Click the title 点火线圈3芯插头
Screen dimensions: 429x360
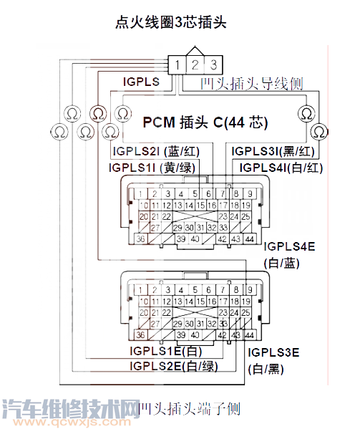[x=171, y=22]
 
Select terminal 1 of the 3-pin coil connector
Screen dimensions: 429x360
[x=176, y=65]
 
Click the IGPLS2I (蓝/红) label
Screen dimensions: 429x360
[x=158, y=152]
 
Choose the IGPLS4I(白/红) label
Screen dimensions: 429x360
[x=283, y=168]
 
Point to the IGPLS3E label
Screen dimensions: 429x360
[x=275, y=353]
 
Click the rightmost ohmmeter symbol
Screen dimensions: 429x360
[x=319, y=131]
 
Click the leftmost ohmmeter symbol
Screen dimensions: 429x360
[x=57, y=132]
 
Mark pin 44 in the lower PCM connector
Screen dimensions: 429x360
[x=249, y=335]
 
